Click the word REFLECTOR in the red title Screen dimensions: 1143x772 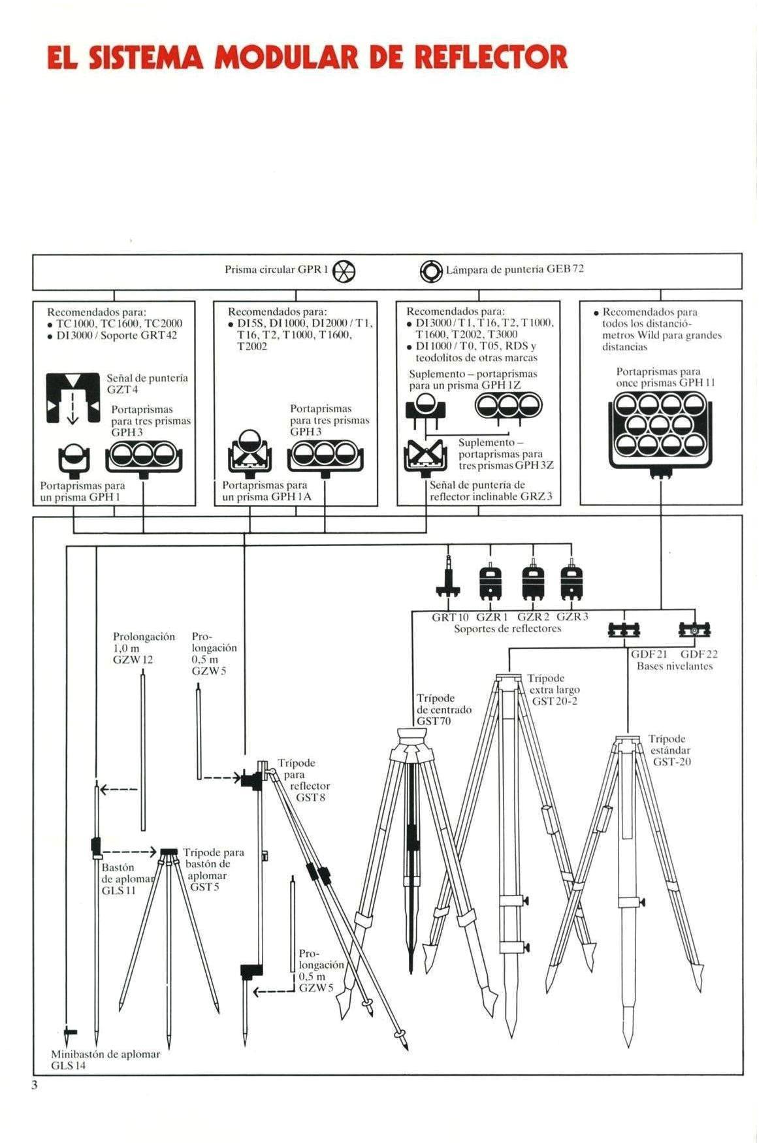pos(489,57)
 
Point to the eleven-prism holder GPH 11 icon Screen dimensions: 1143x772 pos(660,432)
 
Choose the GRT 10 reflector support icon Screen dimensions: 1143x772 pos(448,577)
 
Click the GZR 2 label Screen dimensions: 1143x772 pos(533,617)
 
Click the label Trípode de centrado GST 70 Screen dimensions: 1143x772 pos(443,709)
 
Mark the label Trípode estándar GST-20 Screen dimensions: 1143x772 pos(669,750)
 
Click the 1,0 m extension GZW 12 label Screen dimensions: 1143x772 pos(144,648)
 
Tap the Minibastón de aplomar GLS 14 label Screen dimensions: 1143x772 pos(105,1059)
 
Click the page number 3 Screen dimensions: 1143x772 pos(35,1086)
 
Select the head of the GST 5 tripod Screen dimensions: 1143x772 pos(169,853)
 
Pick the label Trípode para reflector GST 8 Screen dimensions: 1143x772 pos(304,780)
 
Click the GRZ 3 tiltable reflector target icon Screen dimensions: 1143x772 pos(421,455)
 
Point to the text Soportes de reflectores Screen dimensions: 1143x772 pos(507,628)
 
